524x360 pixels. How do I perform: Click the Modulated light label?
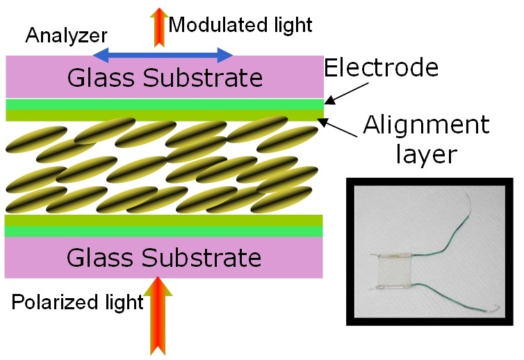[x=240, y=26]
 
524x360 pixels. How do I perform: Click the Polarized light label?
[x=77, y=302]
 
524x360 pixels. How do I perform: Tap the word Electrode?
[x=382, y=68]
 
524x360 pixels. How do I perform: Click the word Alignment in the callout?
[x=426, y=126]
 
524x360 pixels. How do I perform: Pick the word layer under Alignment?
[x=426, y=154]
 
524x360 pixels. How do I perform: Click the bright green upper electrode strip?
[x=164, y=104]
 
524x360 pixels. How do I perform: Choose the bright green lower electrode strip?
[x=164, y=231]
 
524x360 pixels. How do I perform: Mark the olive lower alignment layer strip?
[x=164, y=221]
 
